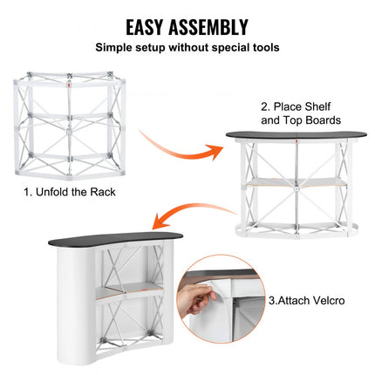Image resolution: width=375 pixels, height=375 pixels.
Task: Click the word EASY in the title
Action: pyautogui.click(x=150, y=27)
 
